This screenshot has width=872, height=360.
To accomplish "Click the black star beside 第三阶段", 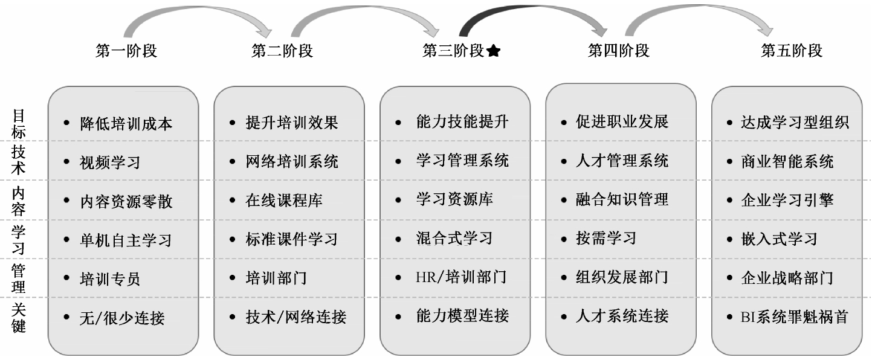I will point(493,51).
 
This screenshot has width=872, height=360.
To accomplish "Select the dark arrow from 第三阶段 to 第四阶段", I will point(532,15).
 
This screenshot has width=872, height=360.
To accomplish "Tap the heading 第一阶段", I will point(126,51).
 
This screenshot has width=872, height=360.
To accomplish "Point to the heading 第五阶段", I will point(791,51).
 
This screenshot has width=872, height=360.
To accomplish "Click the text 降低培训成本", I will point(126,124).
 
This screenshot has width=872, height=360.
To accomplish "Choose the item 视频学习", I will point(110,162).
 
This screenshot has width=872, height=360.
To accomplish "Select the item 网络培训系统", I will point(292,162).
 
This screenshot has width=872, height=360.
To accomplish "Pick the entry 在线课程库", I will point(284,201).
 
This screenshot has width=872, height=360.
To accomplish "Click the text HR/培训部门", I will point(461,277).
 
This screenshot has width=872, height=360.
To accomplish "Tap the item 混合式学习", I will point(454,238).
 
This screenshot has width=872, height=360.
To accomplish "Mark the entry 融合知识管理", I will point(622,200).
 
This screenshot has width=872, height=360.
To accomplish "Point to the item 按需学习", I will point(606,238).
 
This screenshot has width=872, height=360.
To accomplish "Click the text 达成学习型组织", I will point(795,123).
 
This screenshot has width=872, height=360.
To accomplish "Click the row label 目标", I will point(19,124).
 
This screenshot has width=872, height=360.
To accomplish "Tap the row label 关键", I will point(19,318).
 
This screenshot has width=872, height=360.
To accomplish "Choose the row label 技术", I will point(19,161).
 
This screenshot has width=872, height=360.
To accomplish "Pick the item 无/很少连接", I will point(122,317).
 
